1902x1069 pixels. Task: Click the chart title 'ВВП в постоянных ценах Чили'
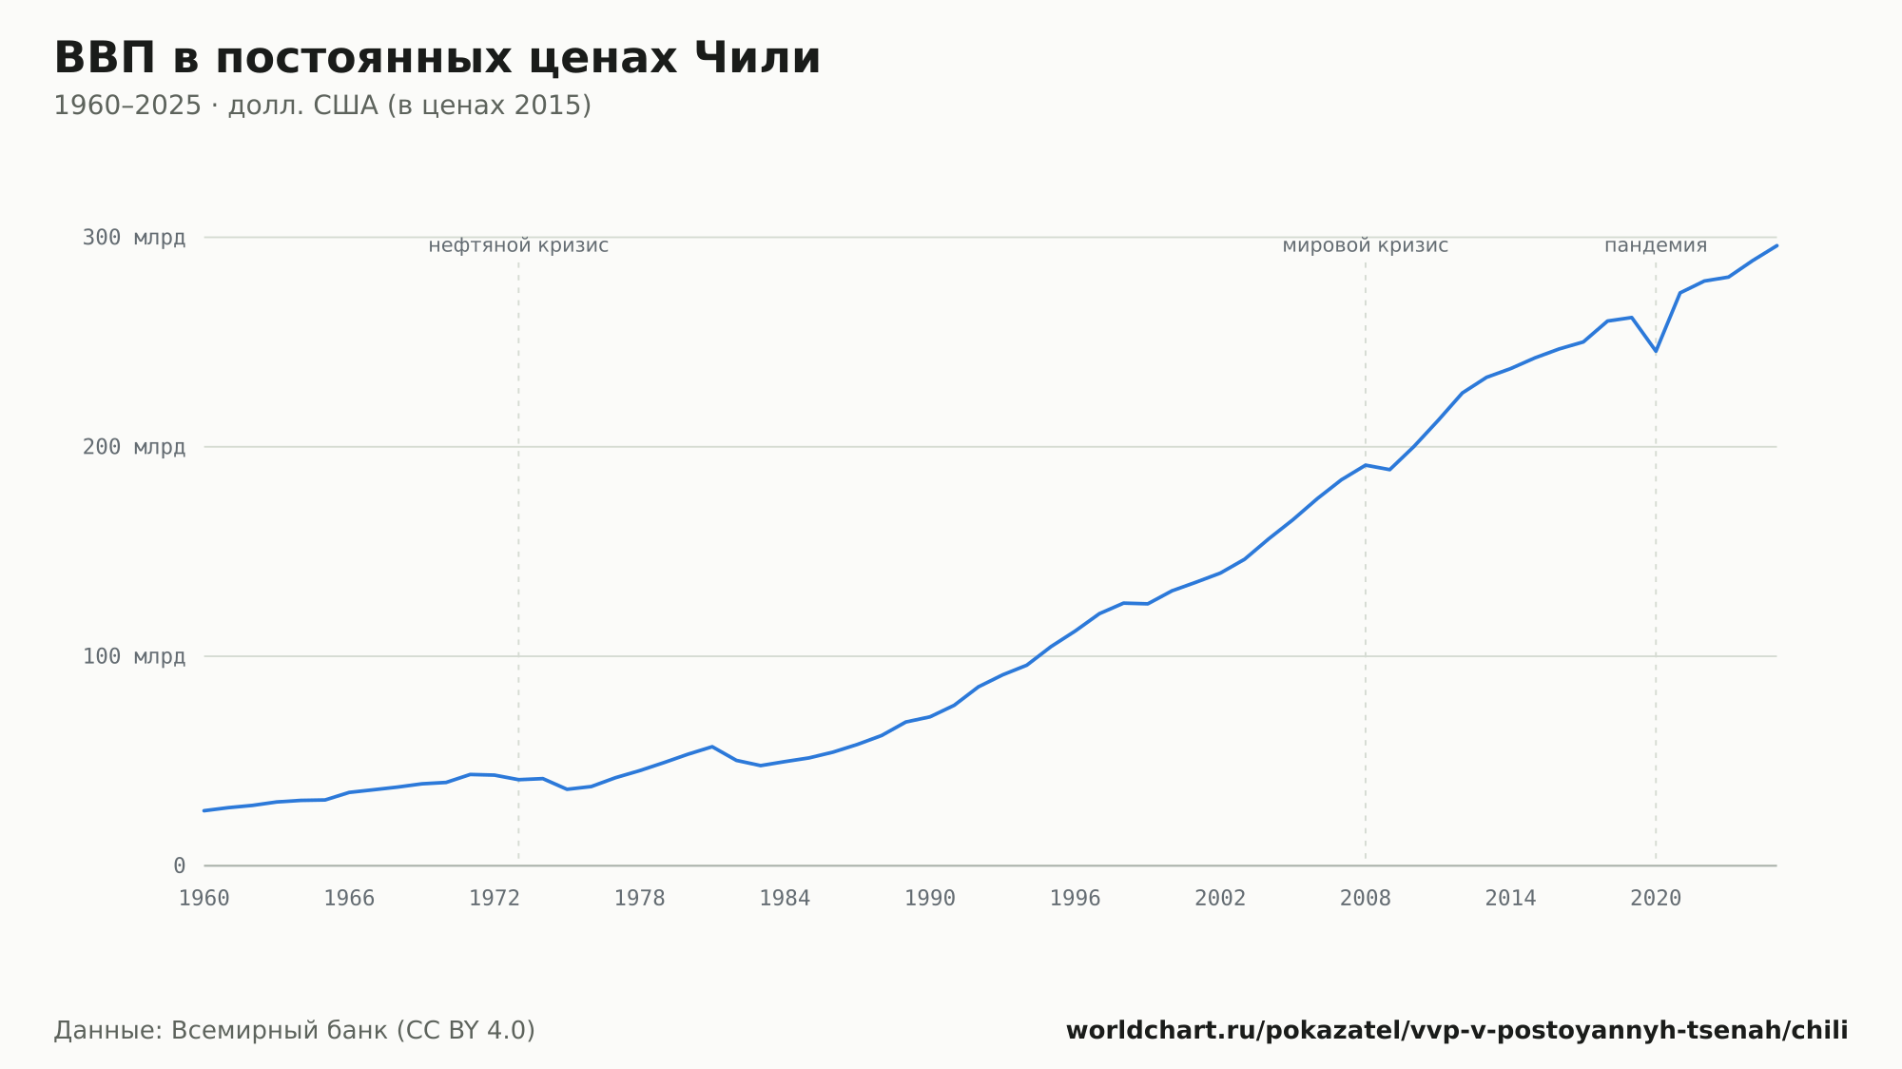pyautogui.click(x=437, y=58)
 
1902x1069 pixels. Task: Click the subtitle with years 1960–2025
pyautogui.click(x=322, y=106)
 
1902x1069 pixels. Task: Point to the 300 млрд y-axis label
pyautogui.click(x=134, y=238)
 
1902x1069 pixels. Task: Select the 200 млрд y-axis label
pyautogui.click(x=134, y=447)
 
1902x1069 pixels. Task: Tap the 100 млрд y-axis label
pyautogui.click(x=134, y=656)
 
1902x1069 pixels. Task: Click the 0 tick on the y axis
pyautogui.click(x=180, y=865)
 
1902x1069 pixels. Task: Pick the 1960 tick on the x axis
pyautogui.click(x=204, y=899)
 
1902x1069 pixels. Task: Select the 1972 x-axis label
pyautogui.click(x=495, y=899)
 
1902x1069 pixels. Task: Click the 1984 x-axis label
pyautogui.click(x=785, y=899)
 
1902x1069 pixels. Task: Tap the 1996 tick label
pyautogui.click(x=1076, y=899)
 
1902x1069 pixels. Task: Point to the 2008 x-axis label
pyautogui.click(x=1366, y=899)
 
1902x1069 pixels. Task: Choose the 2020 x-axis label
pyautogui.click(x=1656, y=899)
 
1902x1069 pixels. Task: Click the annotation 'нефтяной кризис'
pyautogui.click(x=518, y=245)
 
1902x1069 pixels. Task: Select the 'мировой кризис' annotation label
pyautogui.click(x=1366, y=245)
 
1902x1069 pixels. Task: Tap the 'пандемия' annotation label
pyautogui.click(x=1656, y=245)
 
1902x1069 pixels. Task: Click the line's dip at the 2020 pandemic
pyautogui.click(x=1656, y=351)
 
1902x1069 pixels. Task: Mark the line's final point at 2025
pyautogui.click(x=1776, y=245)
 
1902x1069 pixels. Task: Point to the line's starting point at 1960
pyautogui.click(x=204, y=810)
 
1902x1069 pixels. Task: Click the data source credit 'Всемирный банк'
pyautogui.click(x=280, y=1031)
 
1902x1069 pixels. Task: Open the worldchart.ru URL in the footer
pyautogui.click(x=1457, y=1031)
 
